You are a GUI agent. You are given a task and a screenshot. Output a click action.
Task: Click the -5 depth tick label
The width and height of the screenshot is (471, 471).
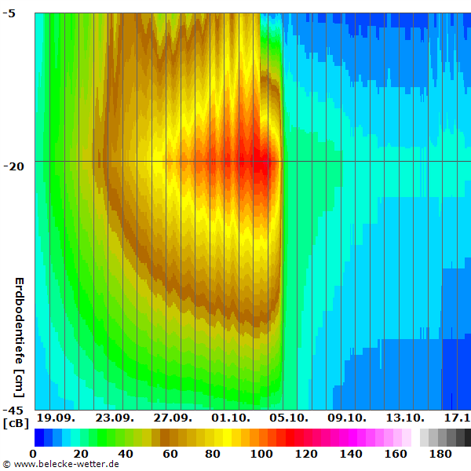point(17,13)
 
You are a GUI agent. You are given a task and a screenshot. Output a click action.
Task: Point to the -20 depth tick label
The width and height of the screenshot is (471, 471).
point(15,166)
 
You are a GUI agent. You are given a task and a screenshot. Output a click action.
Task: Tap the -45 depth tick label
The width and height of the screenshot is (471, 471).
point(15,410)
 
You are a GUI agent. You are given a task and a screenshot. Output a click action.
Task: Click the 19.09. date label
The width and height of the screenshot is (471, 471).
point(55,417)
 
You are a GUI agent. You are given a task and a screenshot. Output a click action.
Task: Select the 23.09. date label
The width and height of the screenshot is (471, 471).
point(114,417)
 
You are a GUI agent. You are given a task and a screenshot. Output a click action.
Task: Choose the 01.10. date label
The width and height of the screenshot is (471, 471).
point(230,417)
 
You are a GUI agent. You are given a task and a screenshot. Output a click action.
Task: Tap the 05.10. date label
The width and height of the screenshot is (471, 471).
point(288,417)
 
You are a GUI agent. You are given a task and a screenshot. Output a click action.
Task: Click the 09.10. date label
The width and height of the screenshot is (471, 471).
point(346,417)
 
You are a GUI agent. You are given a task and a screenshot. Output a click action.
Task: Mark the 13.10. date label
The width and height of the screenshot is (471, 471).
point(404,417)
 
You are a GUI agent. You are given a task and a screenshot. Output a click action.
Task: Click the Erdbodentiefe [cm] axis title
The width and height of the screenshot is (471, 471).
point(20,338)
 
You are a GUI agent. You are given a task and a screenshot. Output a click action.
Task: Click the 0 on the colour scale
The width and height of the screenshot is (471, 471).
point(33,454)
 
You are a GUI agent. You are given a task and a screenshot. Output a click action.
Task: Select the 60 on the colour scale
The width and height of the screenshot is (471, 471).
point(170,454)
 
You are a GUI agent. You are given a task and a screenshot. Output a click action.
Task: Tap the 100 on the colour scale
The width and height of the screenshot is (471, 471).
point(261,454)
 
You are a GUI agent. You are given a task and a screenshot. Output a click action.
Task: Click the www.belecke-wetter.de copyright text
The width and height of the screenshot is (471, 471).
point(61,465)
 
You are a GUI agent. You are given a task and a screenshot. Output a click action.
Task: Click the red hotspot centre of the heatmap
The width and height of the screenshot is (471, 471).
point(264,163)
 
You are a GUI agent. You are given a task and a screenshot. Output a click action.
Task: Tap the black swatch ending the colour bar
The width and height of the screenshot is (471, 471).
point(468,437)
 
